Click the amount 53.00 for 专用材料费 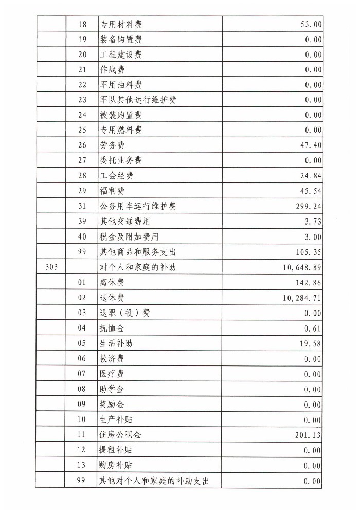pos(310,24)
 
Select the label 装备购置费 pos(121,40)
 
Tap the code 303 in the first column pos(51,267)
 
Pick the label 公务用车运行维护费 pos(138,207)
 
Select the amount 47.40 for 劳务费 pos(310,145)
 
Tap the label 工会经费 pos(116,176)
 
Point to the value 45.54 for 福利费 pos(310,191)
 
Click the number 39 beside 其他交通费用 pos(82,222)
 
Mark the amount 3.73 pos(312,222)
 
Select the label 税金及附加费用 pos(129,237)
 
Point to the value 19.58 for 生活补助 pos(310,343)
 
